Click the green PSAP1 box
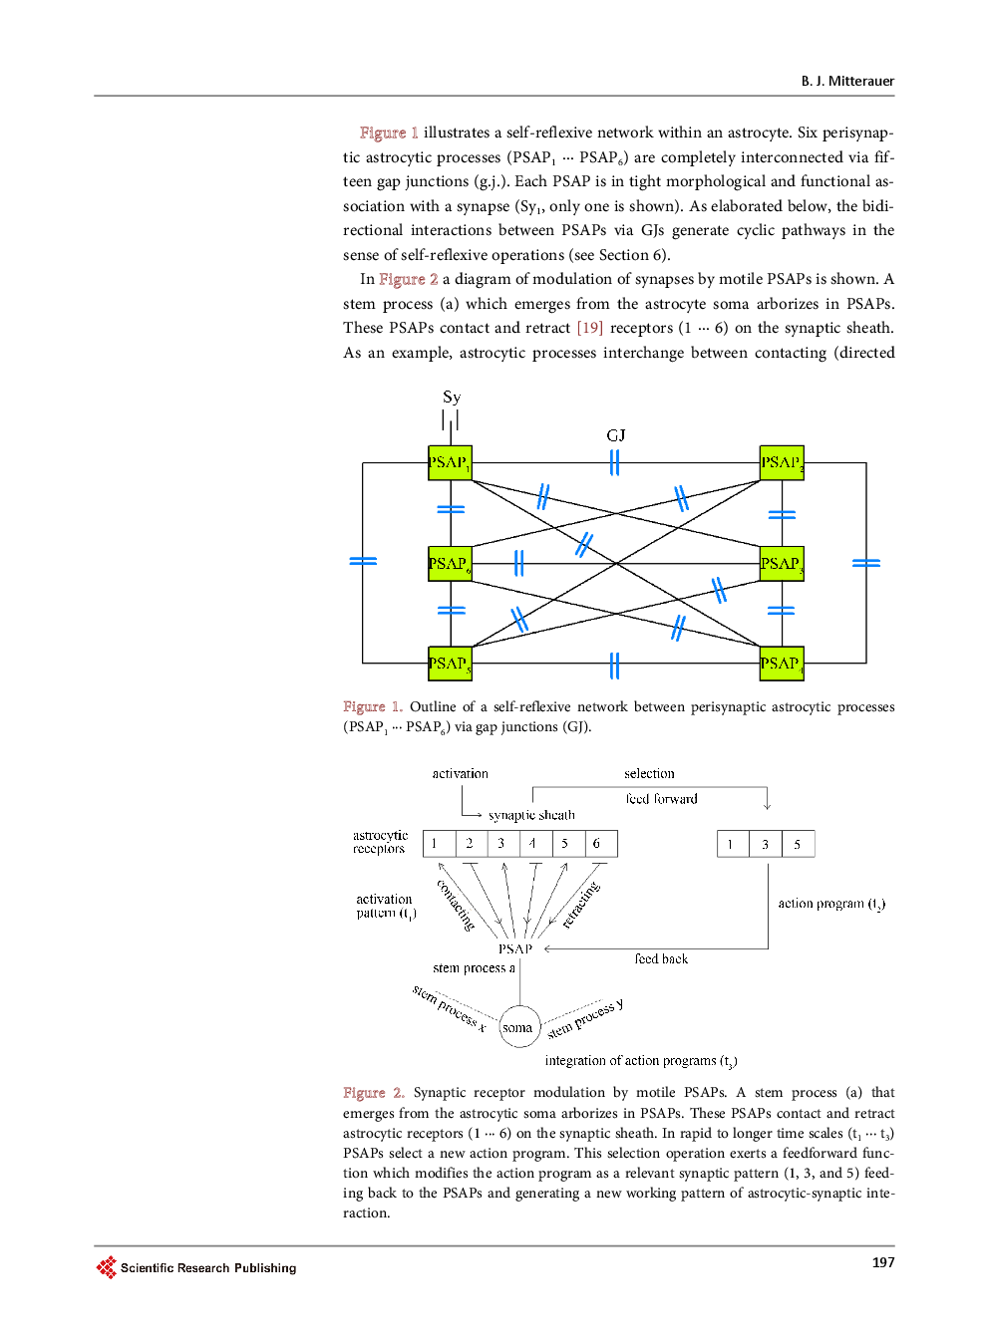coord(450,462)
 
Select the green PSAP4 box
coord(782,663)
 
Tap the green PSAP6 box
coord(450,564)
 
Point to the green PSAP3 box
coord(782,564)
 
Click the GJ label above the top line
coord(616,435)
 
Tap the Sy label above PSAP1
coord(452,398)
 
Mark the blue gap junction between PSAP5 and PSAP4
coord(614,665)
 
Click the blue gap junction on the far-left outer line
coord(363,562)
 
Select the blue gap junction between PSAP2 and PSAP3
coord(782,514)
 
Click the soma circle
coord(518,1027)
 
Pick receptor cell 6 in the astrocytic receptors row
coord(598,844)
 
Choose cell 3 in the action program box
coord(766,844)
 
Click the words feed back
coord(661,959)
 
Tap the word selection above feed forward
coord(649,774)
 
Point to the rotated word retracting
coord(581,905)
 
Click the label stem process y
coord(585,1018)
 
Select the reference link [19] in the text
coord(590,328)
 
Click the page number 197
coord(883,1262)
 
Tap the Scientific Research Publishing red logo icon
coord(107,1267)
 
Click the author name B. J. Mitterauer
coord(847,82)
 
